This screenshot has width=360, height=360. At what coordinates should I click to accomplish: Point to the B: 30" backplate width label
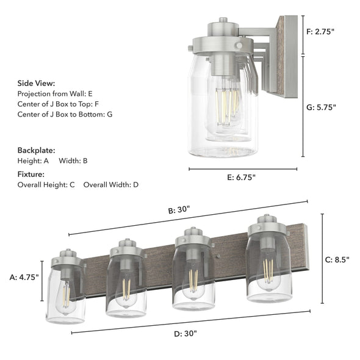coord(179,209)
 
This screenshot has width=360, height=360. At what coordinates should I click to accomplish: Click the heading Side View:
coord(36,83)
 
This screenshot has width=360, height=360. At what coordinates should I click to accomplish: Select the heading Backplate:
coord(36,149)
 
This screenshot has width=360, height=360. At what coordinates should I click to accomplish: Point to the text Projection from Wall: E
coord(55,93)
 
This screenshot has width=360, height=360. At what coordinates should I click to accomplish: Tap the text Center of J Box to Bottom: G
coord(65,114)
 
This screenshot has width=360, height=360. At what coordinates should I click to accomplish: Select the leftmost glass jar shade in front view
coord(65,293)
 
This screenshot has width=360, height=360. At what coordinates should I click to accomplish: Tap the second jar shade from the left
coord(126,284)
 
